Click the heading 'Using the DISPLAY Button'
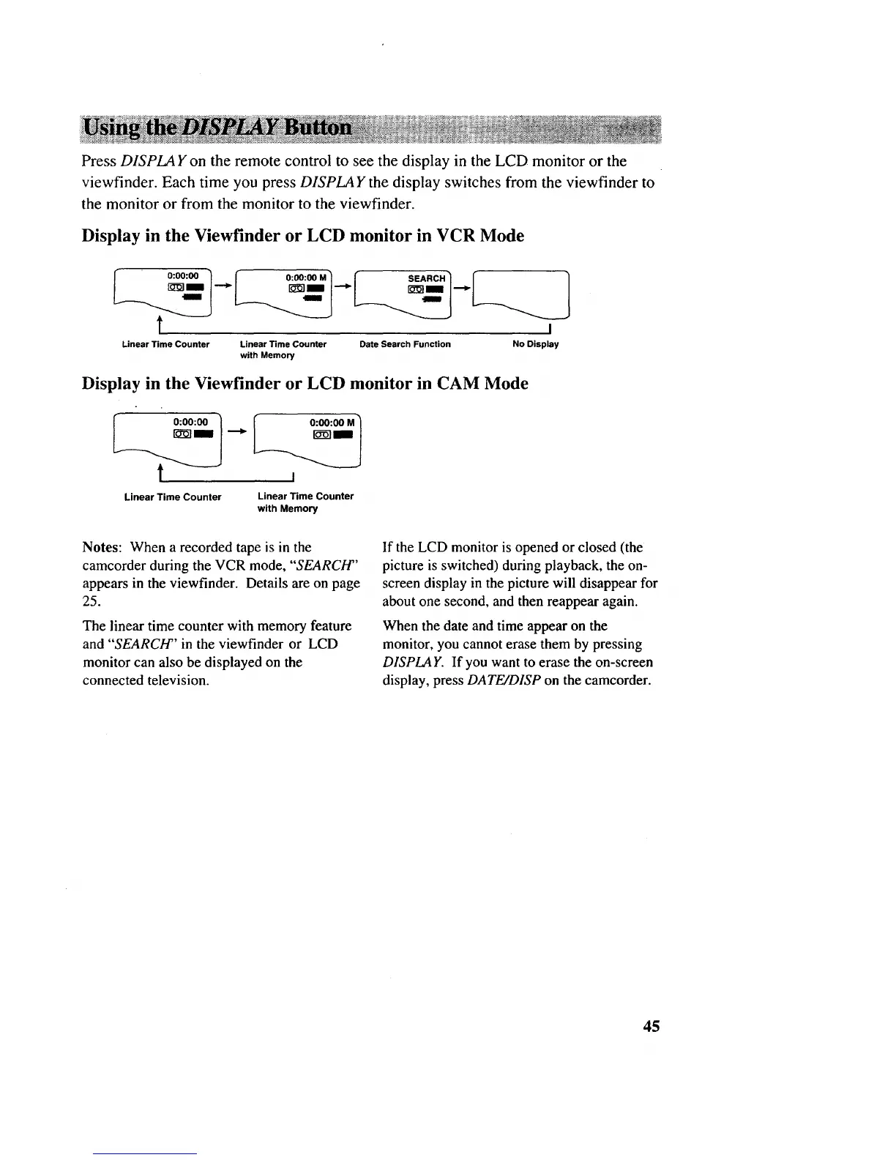[x=218, y=128]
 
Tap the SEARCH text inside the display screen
[x=426, y=278]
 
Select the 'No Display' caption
[x=536, y=344]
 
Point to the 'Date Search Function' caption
[x=405, y=344]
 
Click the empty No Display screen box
[x=521, y=294]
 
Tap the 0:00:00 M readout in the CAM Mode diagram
[x=332, y=423]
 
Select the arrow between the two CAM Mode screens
[x=236, y=431]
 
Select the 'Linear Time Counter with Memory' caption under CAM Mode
[x=305, y=502]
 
